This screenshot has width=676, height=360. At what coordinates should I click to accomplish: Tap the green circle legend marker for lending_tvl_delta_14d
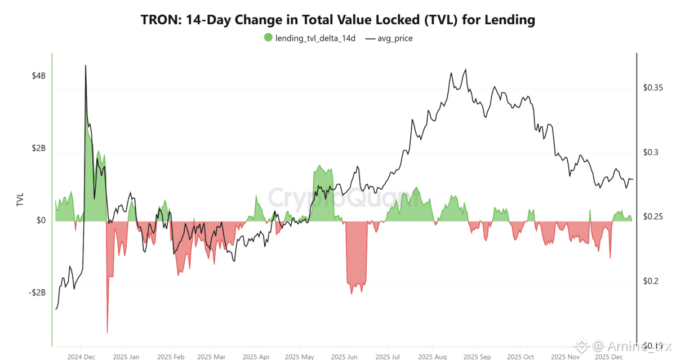(268, 38)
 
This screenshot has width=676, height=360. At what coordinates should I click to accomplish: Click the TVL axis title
(20, 201)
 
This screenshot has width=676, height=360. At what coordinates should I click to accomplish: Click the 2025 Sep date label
(477, 357)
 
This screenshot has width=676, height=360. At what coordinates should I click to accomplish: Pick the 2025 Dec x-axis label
(609, 357)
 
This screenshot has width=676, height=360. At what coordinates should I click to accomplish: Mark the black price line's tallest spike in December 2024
(86, 66)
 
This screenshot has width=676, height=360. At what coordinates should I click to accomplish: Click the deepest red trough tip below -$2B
(107, 332)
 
